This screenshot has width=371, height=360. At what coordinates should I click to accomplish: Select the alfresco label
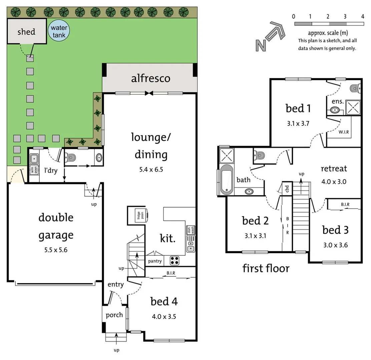[150, 78]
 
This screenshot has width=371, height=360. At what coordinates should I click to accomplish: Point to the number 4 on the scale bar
[363, 16]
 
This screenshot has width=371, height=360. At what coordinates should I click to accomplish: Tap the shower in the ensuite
[353, 107]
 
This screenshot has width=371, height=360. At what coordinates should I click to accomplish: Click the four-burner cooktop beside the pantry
[174, 260]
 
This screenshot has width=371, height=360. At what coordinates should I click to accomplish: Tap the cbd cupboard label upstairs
[287, 189]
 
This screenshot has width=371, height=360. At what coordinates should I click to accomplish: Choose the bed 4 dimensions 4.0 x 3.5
[164, 316]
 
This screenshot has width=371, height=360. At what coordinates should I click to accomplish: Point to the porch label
[114, 315]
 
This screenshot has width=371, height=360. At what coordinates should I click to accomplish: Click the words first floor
[266, 268]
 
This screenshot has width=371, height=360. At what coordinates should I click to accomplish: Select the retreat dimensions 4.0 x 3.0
[333, 182]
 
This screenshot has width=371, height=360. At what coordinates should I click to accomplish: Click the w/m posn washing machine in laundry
[33, 170]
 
